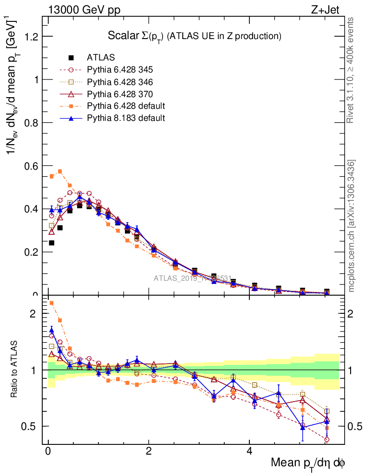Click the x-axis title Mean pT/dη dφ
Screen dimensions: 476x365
coord(308,463)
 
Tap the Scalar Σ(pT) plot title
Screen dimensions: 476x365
coord(195,36)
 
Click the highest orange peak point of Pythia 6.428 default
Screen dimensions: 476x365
coord(60,172)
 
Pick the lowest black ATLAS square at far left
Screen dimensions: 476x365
coord(52,243)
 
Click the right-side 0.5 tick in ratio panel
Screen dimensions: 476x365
coord(353,426)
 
